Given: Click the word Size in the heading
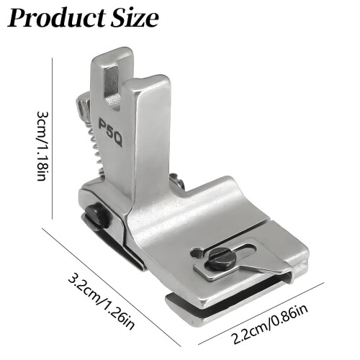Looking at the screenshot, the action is coord(135,18).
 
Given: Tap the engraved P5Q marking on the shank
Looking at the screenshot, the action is coord(111,132).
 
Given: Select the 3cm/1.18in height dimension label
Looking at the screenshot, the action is coord(41,146).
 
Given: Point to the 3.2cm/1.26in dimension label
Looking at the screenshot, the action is coord(101,304).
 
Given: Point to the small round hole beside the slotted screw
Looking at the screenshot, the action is coord(195,253).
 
